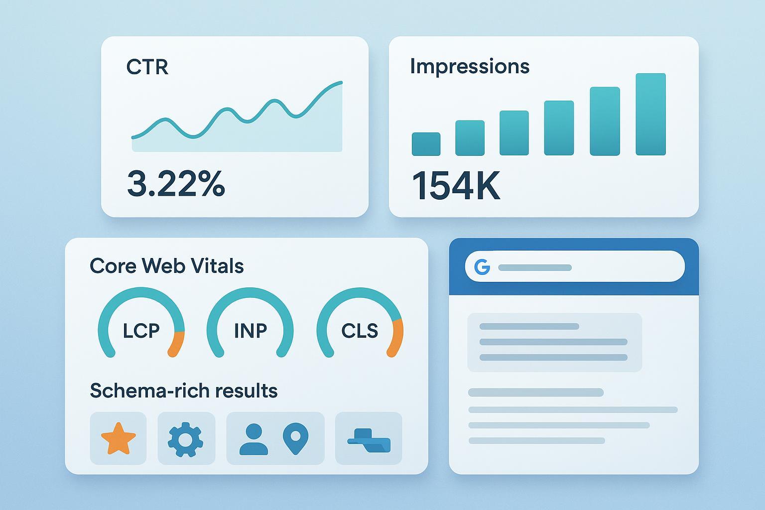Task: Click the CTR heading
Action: [147, 67]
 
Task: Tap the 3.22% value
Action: [176, 183]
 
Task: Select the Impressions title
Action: [469, 66]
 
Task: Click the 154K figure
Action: [456, 186]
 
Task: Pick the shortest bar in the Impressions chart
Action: [426, 144]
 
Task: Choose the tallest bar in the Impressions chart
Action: [650, 114]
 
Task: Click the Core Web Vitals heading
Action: [166, 266]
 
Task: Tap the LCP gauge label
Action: [141, 331]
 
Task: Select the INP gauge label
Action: [251, 331]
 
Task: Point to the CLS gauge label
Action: [360, 331]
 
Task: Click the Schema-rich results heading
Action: [183, 391]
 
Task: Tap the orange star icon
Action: [118, 438]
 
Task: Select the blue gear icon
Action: [185, 439]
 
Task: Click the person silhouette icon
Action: [254, 439]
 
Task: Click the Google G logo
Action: [482, 267]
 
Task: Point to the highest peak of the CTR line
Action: [341, 82]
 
